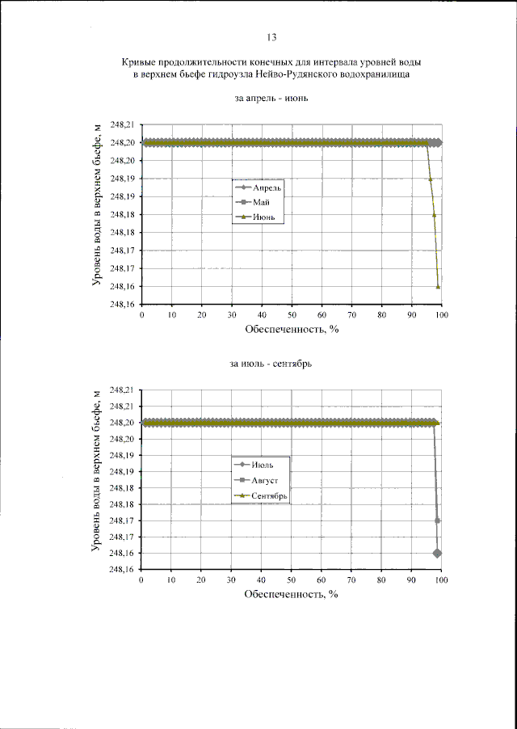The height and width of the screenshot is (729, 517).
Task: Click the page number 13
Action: pyautogui.click(x=271, y=36)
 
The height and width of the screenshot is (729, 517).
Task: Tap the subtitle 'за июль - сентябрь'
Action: pyautogui.click(x=271, y=364)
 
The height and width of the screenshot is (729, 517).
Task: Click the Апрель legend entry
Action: pyautogui.click(x=267, y=188)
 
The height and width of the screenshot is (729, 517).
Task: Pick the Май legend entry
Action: pyautogui.click(x=262, y=202)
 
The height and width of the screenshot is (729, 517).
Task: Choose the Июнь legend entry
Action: pyautogui.click(x=265, y=217)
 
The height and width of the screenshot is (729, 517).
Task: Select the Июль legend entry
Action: pyautogui.click(x=262, y=464)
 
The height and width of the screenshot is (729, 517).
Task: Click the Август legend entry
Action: pyautogui.click(x=265, y=479)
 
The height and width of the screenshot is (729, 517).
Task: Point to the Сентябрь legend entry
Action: pyautogui.click(x=270, y=495)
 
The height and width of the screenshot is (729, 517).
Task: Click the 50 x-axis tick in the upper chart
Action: pyautogui.click(x=292, y=315)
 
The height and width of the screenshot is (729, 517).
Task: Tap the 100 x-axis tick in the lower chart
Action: pyautogui.click(x=441, y=580)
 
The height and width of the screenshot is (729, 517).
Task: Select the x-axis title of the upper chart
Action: pyautogui.click(x=290, y=331)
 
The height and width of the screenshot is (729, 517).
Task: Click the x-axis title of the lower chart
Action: pyautogui.click(x=290, y=595)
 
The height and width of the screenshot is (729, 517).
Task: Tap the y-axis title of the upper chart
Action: pyautogui.click(x=96, y=214)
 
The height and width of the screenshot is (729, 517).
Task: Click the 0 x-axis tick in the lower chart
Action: pyautogui.click(x=141, y=580)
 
